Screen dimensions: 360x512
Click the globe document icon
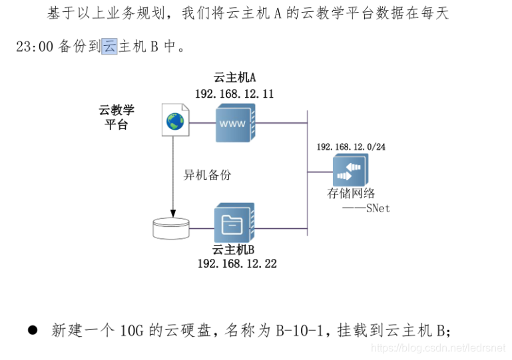pos(174,120)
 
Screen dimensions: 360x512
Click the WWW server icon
pos(235,123)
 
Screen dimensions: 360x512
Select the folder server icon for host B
pos(235,224)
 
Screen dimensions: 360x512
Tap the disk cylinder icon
pos(172,227)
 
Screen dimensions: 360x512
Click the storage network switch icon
pos(351,170)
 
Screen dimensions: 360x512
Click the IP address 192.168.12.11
pos(234,94)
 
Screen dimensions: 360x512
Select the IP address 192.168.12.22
pos(237,264)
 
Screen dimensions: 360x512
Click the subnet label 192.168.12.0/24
pos(351,146)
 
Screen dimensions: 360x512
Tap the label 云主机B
pos(234,250)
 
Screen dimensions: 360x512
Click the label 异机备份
pos(207,175)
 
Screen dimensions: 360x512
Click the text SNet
pos(378,208)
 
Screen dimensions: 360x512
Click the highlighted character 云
pos(109,47)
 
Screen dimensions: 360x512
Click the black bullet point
pos(32,330)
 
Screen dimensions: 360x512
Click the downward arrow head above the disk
pos(172,212)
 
